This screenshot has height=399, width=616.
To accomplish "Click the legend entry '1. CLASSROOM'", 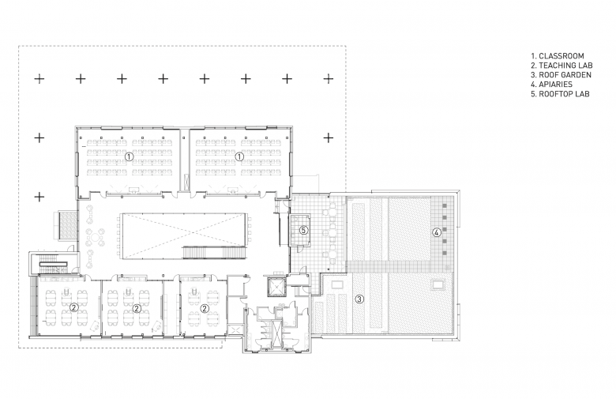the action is [558, 56].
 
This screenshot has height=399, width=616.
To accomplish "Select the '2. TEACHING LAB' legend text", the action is [562, 66].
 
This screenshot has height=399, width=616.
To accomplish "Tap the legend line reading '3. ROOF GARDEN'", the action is [561, 75].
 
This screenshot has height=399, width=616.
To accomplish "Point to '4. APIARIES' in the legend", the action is [551, 85].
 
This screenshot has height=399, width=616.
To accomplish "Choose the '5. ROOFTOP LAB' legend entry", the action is [560, 94].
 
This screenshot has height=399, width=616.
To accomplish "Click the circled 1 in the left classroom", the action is [129, 156].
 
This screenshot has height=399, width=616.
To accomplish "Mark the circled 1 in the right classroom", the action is [239, 156].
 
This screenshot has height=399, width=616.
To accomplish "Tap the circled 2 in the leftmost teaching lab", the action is [73, 307].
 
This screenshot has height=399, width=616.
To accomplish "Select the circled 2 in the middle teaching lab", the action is [137, 308].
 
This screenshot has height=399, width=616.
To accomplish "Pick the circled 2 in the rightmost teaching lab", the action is [205, 308].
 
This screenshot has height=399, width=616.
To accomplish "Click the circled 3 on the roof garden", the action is [359, 299].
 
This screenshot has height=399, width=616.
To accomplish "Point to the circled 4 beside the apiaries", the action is [436, 232].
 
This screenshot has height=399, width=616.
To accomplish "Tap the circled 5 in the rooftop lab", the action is [303, 231].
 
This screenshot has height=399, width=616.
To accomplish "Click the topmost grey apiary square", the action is [445, 206].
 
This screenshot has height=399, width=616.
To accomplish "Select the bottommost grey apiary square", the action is [445, 253].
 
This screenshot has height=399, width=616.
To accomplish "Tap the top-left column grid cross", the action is [39, 79].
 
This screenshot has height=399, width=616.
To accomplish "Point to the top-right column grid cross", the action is [329, 79].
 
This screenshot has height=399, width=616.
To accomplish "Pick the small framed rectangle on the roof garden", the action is [438, 284].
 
